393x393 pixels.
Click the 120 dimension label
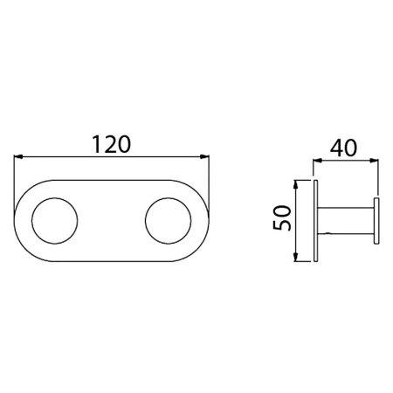pyautogui.click(x=112, y=144)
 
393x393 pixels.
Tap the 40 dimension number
pyautogui.click(x=343, y=148)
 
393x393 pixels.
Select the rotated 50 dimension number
pyautogui.click(x=282, y=217)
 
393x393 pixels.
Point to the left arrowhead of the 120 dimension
pyautogui.click(x=18, y=157)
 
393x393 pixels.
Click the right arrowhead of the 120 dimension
pyautogui.click(x=204, y=157)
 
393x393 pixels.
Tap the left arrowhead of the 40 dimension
pyautogui.click(x=317, y=161)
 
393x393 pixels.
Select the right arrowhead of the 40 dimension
pyautogui.click(x=374, y=161)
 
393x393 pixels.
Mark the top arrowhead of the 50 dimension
pyautogui.click(x=295, y=185)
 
